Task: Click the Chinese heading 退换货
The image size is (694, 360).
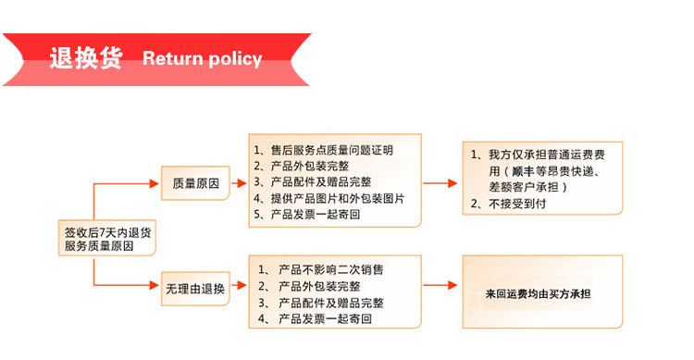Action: (x=86, y=58)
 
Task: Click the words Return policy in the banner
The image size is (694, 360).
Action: (x=202, y=59)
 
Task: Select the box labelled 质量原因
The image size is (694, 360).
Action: (x=195, y=183)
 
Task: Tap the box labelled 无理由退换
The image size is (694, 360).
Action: (x=194, y=288)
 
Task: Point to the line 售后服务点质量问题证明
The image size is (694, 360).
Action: (x=324, y=150)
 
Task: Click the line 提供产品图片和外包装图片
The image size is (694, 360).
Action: (x=329, y=199)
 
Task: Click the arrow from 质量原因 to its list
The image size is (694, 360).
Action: (x=237, y=183)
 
